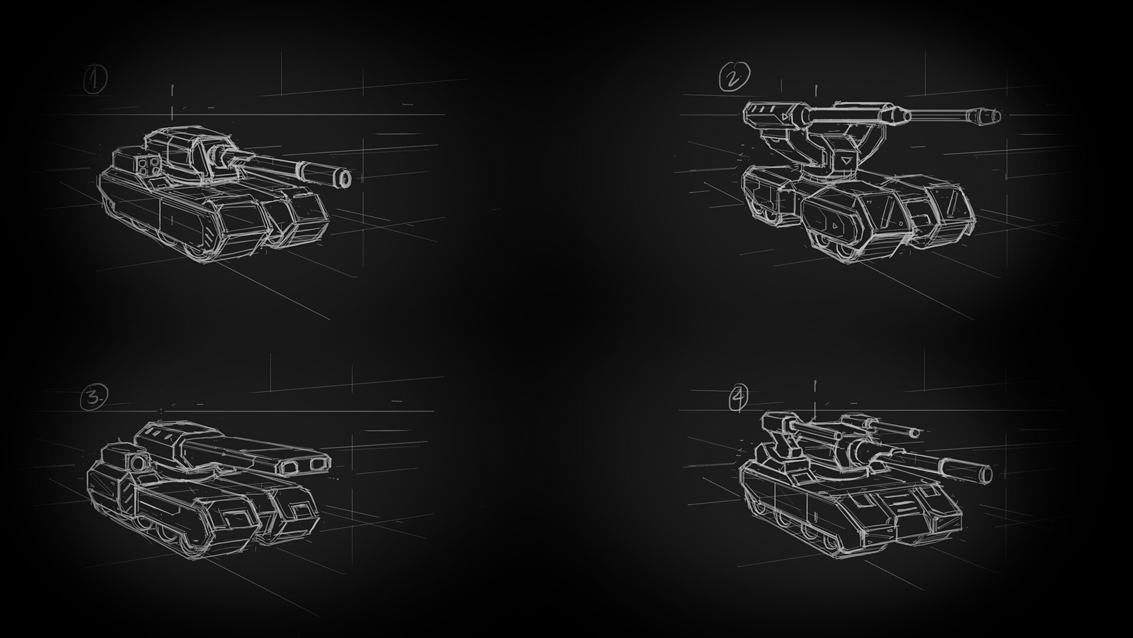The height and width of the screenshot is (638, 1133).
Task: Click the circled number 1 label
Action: click(x=95, y=80)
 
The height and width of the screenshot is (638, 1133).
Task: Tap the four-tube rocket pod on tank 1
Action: click(x=148, y=165)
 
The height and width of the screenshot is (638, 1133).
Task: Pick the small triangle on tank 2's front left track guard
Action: click(x=835, y=225)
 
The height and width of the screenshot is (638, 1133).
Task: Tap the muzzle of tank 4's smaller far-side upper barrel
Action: click(x=914, y=434)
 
